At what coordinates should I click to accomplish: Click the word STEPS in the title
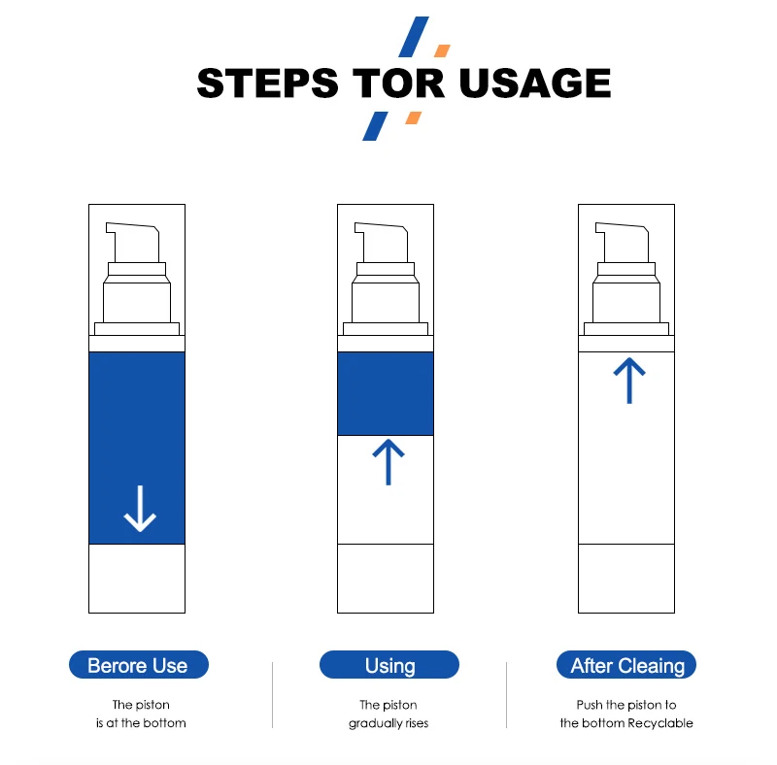(268, 83)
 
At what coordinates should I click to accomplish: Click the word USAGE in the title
(535, 83)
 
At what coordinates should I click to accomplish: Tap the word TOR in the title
(398, 83)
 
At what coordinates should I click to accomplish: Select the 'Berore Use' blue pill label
(139, 664)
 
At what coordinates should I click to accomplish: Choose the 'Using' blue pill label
(389, 664)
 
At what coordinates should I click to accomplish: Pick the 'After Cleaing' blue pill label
(626, 664)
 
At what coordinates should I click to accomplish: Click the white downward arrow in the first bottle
(140, 509)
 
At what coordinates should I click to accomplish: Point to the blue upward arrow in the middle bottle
(388, 462)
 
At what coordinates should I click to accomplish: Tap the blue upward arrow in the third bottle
(629, 381)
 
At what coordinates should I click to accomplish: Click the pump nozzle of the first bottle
(134, 243)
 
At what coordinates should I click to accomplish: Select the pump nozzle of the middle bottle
(382, 243)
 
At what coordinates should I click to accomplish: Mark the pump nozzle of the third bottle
(623, 243)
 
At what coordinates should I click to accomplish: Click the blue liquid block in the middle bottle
(386, 393)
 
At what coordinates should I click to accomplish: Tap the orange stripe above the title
(442, 50)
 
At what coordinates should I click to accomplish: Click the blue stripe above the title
(414, 37)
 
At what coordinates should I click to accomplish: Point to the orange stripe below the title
(414, 117)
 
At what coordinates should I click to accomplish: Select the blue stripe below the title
(375, 126)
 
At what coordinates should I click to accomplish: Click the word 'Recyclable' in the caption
(660, 723)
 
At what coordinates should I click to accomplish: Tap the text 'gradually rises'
(388, 723)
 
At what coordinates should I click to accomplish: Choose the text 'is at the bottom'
(141, 723)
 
